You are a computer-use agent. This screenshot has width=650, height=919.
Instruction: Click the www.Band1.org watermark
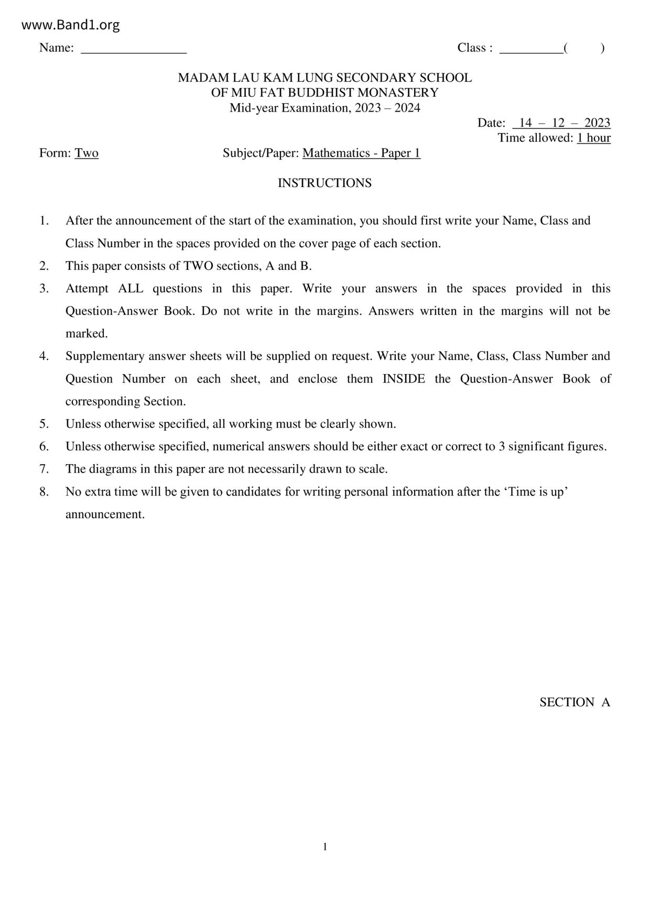[71, 25]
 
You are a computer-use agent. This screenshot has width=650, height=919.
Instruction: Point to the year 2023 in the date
[597, 123]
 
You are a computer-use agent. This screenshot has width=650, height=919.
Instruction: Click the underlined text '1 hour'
[593, 138]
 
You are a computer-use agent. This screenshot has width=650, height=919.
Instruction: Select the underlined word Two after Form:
[86, 153]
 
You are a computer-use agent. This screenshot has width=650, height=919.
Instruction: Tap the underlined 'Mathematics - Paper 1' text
[361, 153]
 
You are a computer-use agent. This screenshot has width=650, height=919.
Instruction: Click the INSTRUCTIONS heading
[324, 183]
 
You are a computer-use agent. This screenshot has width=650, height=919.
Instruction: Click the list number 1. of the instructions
[44, 221]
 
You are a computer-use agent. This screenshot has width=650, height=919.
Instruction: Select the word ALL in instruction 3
[131, 289]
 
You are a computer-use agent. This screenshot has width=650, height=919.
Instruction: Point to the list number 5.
[44, 424]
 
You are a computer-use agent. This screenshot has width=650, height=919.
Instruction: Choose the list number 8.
[44, 491]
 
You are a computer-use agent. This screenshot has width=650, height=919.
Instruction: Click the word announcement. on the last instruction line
[105, 515]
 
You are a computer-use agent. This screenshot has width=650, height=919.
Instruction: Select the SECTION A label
[575, 702]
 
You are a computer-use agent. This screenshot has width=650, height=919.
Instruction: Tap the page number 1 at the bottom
[325, 847]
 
